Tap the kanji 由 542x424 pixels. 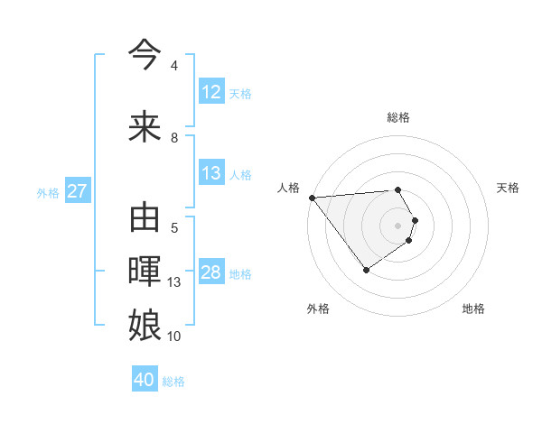tap(145, 218)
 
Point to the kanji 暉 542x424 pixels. tap(145, 272)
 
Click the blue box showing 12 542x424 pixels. tap(210, 92)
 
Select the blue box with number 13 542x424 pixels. tap(210, 173)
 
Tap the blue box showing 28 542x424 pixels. tap(210, 272)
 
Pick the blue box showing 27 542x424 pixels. tap(77, 191)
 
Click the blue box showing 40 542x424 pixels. tap(145, 380)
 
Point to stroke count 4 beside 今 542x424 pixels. tap(174, 66)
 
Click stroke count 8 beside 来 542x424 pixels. tap(174, 137)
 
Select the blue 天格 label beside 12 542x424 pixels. tap(239, 93)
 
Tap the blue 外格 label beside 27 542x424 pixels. tap(48, 192)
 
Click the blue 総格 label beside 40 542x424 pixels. tap(173, 381)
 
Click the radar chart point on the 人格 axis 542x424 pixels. tap(312, 198)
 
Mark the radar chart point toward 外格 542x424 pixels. tap(366, 270)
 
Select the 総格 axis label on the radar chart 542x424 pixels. tap(398, 117)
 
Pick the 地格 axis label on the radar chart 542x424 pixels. tap(473, 309)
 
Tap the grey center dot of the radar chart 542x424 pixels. tap(398, 225)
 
